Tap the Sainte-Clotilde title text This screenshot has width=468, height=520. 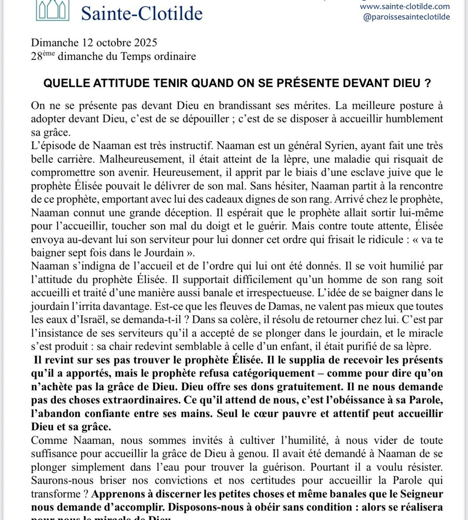142,13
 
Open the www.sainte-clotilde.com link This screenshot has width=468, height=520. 405,6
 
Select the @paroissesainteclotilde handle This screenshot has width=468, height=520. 406,17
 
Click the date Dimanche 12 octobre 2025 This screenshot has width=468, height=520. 94,42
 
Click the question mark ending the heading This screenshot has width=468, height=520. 428,83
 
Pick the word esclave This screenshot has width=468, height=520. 342,172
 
